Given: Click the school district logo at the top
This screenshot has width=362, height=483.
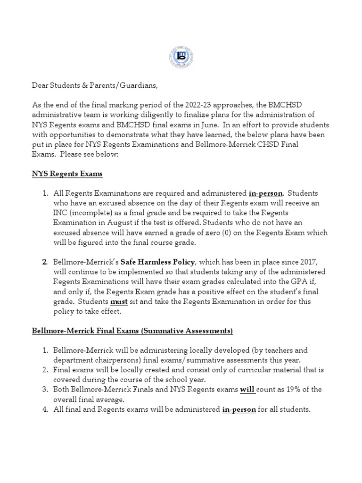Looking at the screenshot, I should [181, 57].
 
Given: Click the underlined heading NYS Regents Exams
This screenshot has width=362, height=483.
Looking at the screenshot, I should [67, 174].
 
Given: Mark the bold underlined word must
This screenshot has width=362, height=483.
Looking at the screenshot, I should [119, 301].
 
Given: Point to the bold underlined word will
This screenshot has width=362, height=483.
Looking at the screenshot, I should [247, 390].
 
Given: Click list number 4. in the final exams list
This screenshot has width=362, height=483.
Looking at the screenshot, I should [44, 409].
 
